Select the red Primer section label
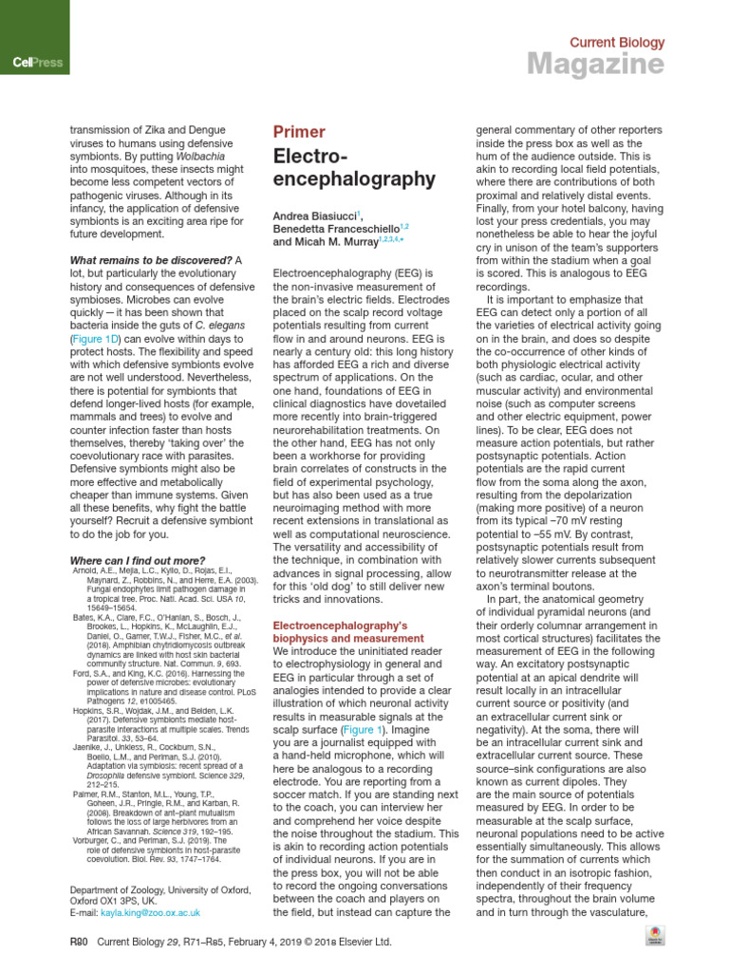[x=299, y=132]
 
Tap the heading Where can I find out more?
[x=138, y=561]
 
